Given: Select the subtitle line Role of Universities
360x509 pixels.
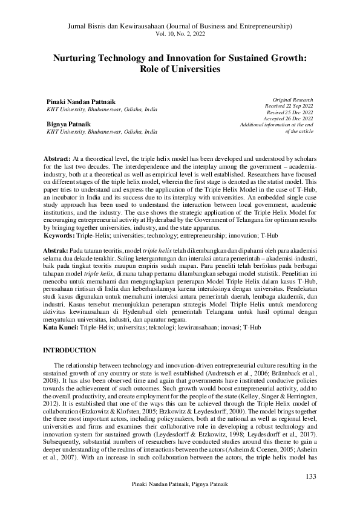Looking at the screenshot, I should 180,69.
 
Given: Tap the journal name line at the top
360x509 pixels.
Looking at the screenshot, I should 180,27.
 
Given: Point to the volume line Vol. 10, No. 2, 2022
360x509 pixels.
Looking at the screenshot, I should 180,36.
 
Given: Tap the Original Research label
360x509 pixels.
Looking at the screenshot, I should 293,99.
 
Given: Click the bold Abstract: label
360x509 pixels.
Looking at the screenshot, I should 57,157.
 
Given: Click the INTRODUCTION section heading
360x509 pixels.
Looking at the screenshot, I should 70,351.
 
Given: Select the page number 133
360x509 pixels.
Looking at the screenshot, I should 311,477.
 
